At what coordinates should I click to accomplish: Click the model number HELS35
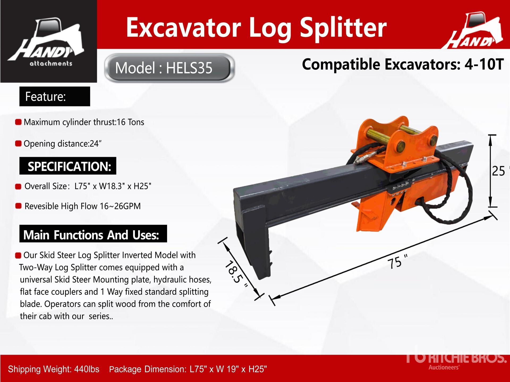pyautogui.click(x=189, y=68)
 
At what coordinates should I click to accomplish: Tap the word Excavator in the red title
pyautogui.click(x=184, y=27)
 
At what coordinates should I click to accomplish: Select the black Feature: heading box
pyautogui.click(x=55, y=96)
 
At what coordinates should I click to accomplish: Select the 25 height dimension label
pyautogui.click(x=498, y=171)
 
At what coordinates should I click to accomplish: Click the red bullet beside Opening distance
pyautogui.click(x=18, y=144)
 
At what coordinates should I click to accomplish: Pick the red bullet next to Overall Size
pyautogui.click(x=18, y=186)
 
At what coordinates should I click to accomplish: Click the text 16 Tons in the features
pyautogui.click(x=130, y=122)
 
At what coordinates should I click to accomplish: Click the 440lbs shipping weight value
pyautogui.click(x=87, y=369)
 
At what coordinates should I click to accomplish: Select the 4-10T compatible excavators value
pyautogui.click(x=484, y=64)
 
